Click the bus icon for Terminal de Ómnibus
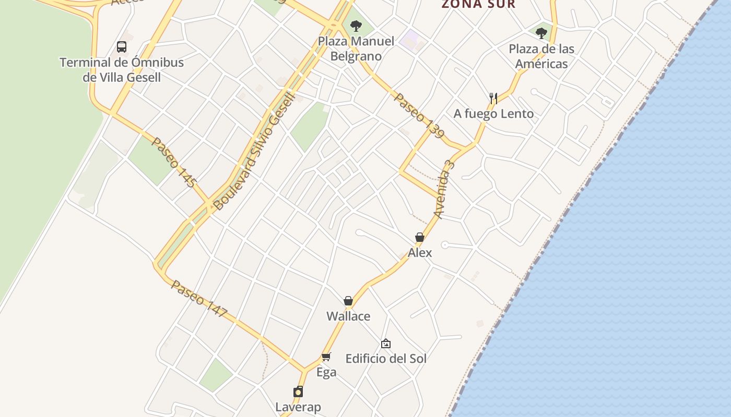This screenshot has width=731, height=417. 122,47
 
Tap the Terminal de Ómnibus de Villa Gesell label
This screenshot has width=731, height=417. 122,70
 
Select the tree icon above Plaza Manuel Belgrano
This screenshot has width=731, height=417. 356,26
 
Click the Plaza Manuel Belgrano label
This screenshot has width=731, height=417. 356,48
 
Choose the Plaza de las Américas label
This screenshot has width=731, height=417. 541,56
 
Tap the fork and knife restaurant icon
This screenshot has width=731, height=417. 493,98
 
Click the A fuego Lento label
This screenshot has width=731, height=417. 493,114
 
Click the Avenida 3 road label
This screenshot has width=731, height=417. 444,190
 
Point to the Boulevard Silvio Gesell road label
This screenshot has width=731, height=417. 255,151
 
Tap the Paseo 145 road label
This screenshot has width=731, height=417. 174,162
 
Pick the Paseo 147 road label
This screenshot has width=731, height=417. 199,299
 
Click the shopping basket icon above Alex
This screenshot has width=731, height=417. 420,238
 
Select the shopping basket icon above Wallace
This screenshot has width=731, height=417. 348,301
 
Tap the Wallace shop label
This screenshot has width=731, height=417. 348,316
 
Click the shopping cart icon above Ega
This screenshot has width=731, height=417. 326,357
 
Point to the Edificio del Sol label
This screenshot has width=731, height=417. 386,359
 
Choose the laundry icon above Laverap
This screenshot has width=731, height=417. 298,391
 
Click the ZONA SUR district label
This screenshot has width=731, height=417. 478,5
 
